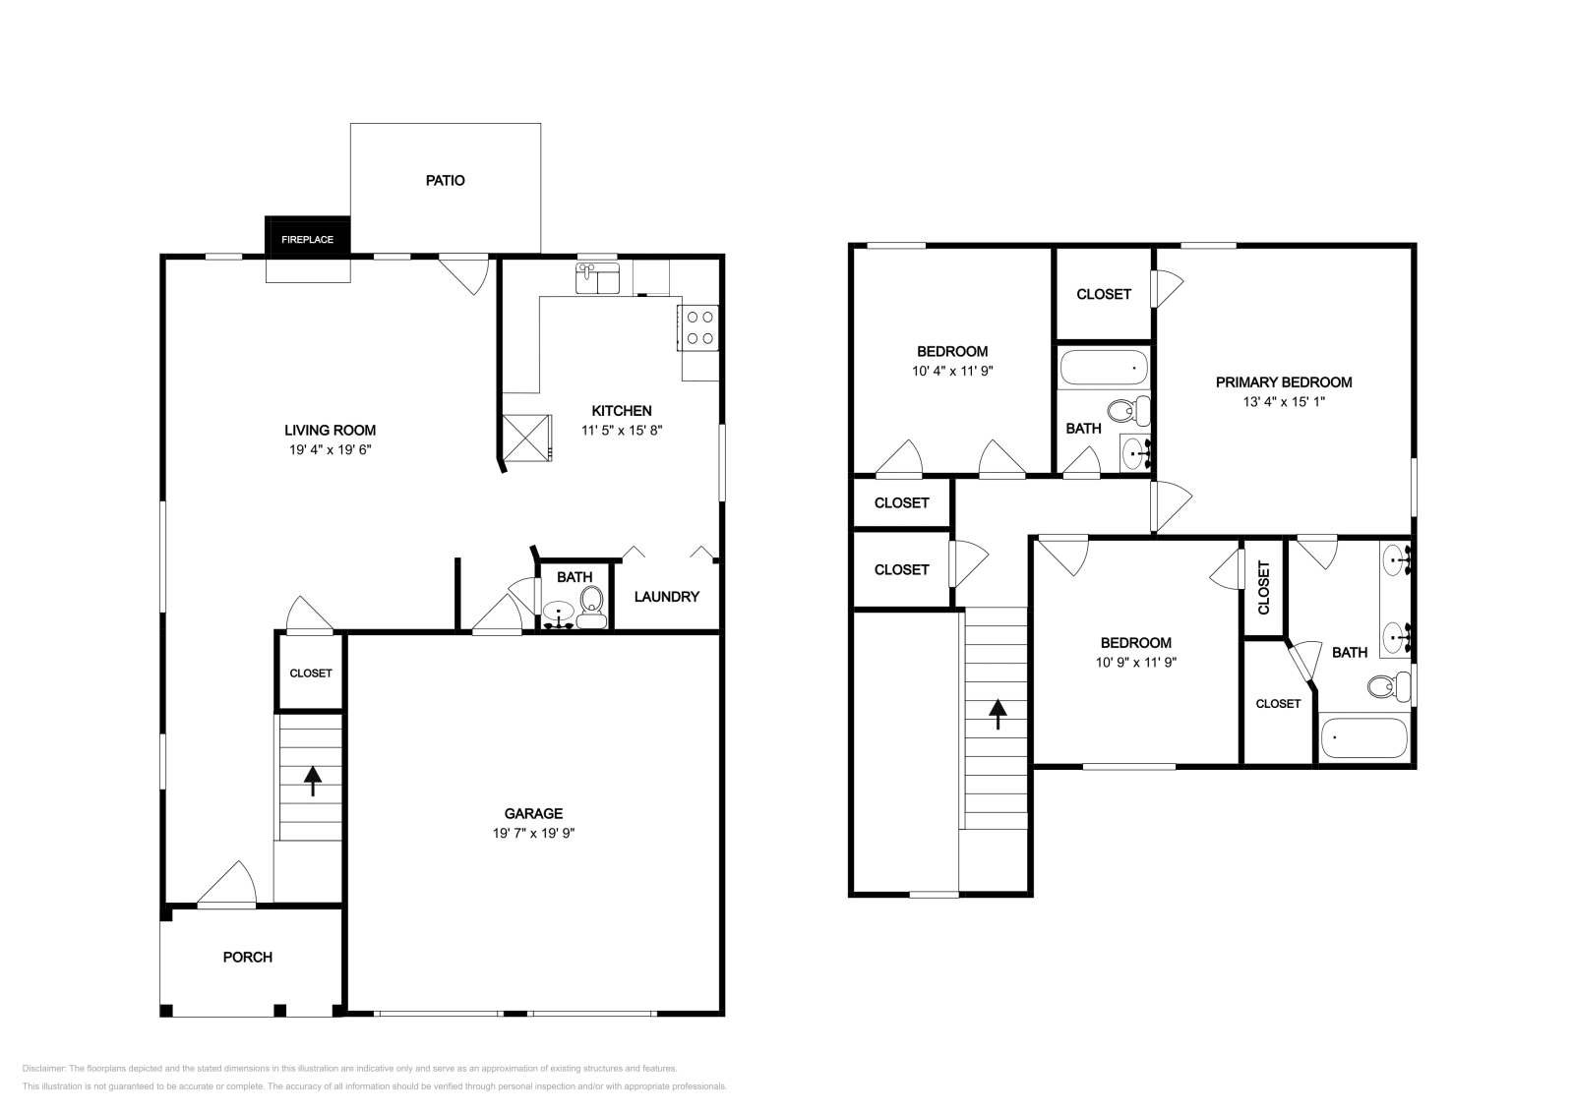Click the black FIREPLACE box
(x=308, y=239)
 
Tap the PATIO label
(x=445, y=180)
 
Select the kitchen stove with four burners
(x=699, y=327)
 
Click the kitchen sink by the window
(x=597, y=278)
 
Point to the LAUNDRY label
(x=666, y=597)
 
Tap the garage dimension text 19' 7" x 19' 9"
(x=533, y=833)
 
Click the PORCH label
(x=247, y=957)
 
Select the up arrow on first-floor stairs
(x=313, y=781)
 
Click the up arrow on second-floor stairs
(x=998, y=713)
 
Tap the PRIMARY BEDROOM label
(x=1283, y=382)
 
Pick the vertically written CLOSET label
(x=1264, y=587)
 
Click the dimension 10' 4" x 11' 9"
(x=951, y=371)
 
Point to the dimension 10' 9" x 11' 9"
(x=1135, y=662)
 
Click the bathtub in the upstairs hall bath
(x=1103, y=369)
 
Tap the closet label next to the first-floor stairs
(x=310, y=674)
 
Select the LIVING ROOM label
(x=330, y=430)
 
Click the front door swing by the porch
(x=230, y=884)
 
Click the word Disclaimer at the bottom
(x=42, y=1068)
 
